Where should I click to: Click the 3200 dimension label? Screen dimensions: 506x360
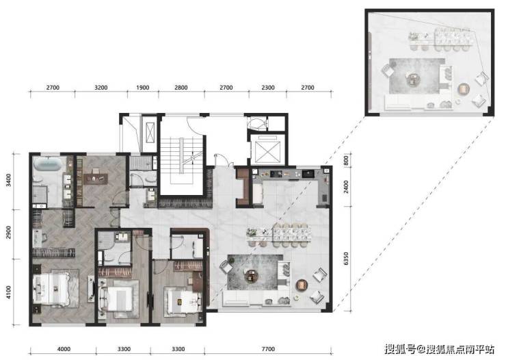(x=101, y=88)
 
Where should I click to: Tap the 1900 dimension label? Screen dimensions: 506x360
(x=143, y=88)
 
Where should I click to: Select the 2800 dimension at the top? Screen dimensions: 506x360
(x=181, y=88)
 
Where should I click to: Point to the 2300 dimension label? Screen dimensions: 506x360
(x=268, y=88)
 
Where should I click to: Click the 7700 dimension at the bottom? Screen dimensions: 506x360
(x=268, y=349)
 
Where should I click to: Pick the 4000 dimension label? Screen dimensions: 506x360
(x=64, y=349)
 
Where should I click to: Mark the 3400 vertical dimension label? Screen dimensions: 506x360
(x=8, y=180)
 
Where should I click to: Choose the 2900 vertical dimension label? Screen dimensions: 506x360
(x=8, y=233)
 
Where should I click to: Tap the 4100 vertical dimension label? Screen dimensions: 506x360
(x=8, y=292)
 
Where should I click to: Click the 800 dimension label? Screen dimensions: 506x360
(x=346, y=160)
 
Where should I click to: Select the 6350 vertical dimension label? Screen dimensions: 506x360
(x=346, y=259)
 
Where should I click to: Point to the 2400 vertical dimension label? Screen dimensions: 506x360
(x=346, y=187)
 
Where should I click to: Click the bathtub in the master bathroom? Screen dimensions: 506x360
(x=48, y=164)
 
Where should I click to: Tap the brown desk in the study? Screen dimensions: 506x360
(x=96, y=179)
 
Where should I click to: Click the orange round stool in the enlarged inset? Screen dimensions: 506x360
(x=464, y=89)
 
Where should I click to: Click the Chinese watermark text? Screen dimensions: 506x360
(x=439, y=349)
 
